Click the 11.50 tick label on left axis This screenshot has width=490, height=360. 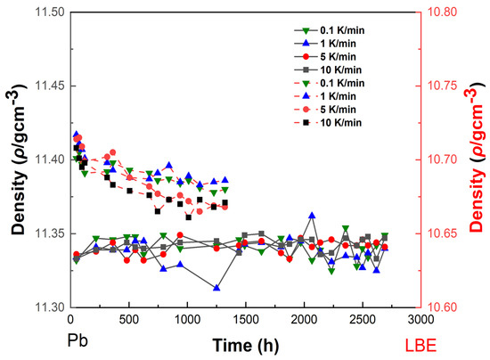(x=49, y=12)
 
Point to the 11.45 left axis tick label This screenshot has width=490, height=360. (x=49, y=86)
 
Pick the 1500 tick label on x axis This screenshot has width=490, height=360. (x=246, y=320)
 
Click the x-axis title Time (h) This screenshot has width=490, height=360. (x=246, y=346)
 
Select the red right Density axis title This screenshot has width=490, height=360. (x=478, y=160)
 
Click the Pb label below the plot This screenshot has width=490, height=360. (x=78, y=340)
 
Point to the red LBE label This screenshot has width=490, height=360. (x=421, y=346)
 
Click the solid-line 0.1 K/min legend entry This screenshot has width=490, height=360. (x=329, y=30)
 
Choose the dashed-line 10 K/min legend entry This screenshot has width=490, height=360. (x=328, y=122)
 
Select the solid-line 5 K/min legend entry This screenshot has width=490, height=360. (x=325, y=56)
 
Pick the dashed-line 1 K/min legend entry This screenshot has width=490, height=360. (x=325, y=96)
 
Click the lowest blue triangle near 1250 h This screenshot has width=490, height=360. (x=216, y=288)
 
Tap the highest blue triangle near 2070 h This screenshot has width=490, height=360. (x=312, y=216)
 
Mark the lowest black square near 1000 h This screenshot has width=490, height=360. (x=189, y=217)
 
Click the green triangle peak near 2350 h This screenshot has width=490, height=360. (x=346, y=229)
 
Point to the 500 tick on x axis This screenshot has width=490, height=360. (x=129, y=320)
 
